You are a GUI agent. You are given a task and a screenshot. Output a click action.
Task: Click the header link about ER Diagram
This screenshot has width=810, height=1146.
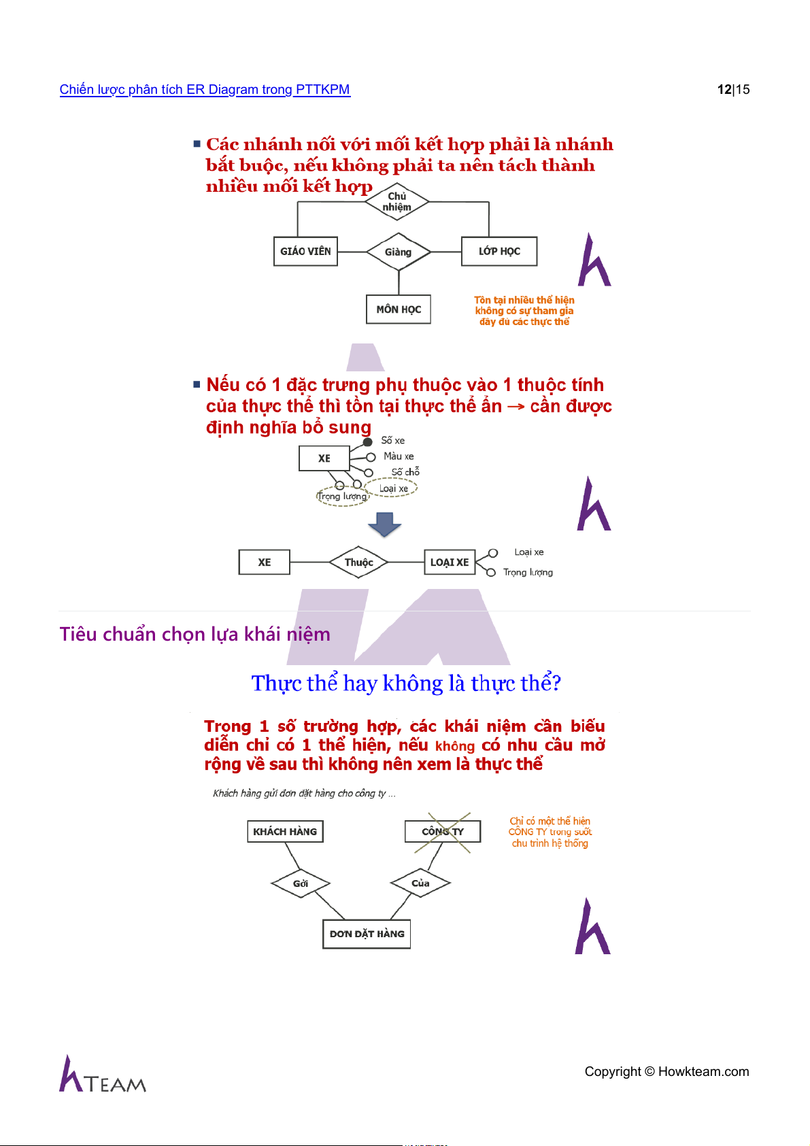point(205,90)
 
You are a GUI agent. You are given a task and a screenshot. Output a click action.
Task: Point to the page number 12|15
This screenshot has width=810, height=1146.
point(733,90)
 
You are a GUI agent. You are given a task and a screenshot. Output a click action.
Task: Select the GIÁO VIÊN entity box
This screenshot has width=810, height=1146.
point(305,251)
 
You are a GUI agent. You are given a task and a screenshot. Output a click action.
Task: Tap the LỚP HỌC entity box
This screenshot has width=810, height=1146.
point(499,251)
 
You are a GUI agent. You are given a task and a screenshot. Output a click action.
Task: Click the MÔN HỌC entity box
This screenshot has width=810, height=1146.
point(399,309)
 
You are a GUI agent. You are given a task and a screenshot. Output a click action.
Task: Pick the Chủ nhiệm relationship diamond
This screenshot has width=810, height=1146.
point(397,202)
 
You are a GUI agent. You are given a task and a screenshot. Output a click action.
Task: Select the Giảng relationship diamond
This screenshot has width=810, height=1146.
point(399,252)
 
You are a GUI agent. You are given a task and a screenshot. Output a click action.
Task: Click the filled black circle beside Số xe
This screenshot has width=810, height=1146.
point(368,442)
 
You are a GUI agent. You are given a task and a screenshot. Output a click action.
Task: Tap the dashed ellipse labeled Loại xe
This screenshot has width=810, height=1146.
point(391,488)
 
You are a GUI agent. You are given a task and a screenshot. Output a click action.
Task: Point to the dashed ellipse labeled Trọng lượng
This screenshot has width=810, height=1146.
point(342,496)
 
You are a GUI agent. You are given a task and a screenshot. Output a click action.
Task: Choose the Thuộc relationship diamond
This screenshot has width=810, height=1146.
point(358,562)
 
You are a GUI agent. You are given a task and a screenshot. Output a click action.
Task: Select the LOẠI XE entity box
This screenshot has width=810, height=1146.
point(450,562)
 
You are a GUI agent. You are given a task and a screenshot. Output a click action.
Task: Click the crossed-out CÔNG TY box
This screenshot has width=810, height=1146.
point(443,832)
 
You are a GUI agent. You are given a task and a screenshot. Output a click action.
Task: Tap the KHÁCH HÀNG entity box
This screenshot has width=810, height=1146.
point(285,832)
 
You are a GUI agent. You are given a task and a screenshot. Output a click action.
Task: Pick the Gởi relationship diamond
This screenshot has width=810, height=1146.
point(301,883)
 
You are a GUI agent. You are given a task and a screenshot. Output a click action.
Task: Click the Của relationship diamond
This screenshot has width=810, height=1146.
point(420,883)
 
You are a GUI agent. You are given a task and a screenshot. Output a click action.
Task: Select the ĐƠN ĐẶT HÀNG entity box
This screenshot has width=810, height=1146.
point(367,934)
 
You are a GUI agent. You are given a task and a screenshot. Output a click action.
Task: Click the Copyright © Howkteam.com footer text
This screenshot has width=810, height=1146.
point(666,1072)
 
